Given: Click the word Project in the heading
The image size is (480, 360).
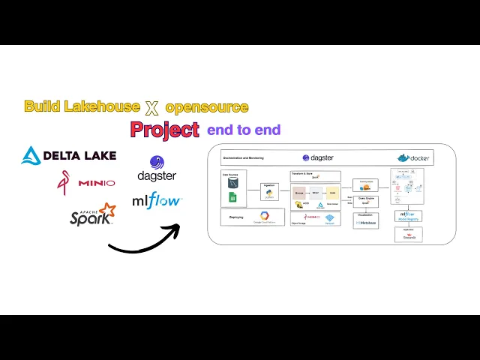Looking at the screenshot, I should (x=165, y=129).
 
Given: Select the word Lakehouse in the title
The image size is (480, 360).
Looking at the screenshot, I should (x=103, y=106).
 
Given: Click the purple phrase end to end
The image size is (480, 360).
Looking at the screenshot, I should (x=244, y=130).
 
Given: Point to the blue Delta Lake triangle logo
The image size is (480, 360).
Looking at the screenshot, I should (x=31, y=155).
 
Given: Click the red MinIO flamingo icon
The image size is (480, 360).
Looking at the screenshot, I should (x=64, y=181).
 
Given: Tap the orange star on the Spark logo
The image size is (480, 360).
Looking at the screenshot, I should (x=107, y=208).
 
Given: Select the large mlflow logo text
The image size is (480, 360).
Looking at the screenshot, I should (x=157, y=200).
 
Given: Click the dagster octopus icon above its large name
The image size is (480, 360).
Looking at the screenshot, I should (x=157, y=163).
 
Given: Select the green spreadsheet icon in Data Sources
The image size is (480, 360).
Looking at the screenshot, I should (x=233, y=197).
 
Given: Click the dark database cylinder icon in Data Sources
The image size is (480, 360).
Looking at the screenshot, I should (x=233, y=182).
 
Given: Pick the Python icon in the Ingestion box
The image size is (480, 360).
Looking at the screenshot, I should (x=268, y=193).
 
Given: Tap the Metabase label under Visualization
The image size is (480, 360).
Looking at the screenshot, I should (x=366, y=223).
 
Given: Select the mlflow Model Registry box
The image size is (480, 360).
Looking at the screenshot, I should (x=408, y=216).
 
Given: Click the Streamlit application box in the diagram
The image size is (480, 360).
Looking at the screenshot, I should (x=408, y=235).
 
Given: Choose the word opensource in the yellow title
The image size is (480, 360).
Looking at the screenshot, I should (x=207, y=107).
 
